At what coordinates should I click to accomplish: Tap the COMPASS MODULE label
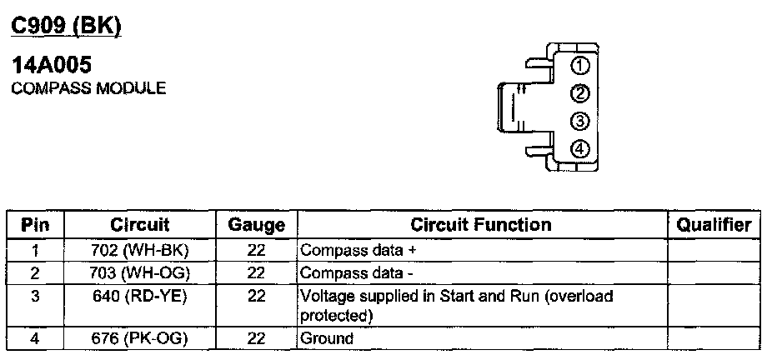pos(88,87)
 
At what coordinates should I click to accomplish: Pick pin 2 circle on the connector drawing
pos(581,93)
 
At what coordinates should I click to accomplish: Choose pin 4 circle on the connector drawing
pos(581,149)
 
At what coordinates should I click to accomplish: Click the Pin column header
pos(35,225)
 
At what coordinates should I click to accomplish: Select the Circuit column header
pos(140,225)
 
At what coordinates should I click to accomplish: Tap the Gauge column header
pos(256,225)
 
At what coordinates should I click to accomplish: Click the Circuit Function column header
pos(481,225)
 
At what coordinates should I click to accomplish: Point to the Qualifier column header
pos(714,225)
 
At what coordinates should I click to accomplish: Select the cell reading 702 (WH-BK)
pos(139,250)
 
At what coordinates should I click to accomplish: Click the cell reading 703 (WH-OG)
pos(139,272)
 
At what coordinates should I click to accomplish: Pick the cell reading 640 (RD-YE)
pos(139,296)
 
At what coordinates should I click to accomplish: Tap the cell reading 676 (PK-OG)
pos(139,338)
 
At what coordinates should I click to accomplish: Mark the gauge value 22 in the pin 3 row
pos(256,296)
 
